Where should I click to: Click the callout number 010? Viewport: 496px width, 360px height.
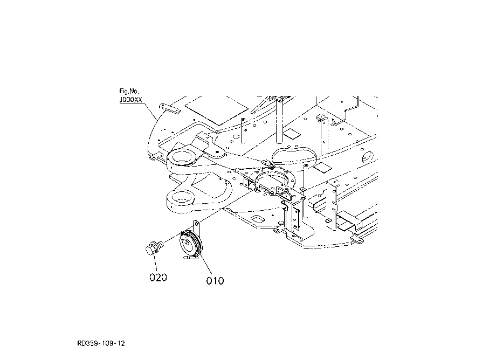pos(215,281)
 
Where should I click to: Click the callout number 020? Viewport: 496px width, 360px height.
pos(158,278)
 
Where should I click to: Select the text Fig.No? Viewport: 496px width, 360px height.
pos(129,91)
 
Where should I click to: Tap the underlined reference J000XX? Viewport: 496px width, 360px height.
pos(130,100)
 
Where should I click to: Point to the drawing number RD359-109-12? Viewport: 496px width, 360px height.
pos(101,343)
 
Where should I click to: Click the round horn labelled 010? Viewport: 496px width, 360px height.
pos(191,244)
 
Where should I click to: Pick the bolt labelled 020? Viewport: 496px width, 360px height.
pos(154,247)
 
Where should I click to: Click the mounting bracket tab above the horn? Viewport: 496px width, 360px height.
pos(196,227)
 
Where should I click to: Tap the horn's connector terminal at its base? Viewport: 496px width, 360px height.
pos(190,258)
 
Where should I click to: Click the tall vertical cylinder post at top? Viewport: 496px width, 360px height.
pos(280,120)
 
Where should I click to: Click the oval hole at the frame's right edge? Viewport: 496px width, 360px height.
pos(368,157)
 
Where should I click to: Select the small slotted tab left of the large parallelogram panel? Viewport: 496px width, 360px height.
pos(170,108)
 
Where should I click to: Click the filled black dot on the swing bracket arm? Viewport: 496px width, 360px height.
pos(217,151)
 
